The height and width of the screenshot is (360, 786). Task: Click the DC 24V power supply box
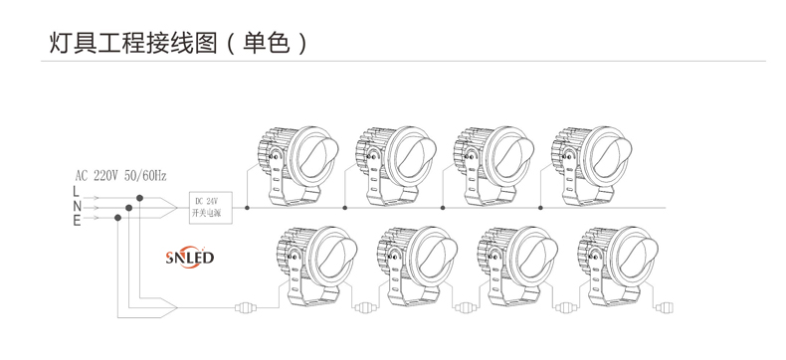[210, 206]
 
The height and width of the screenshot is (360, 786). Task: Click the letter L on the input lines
[76, 191]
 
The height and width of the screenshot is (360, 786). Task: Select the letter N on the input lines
[76, 206]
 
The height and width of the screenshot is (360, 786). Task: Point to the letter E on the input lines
[76, 221]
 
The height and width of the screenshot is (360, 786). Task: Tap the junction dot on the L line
[141, 198]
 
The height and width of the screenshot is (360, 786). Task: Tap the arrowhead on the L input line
[98, 198]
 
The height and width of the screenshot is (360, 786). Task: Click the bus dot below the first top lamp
[247, 207]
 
